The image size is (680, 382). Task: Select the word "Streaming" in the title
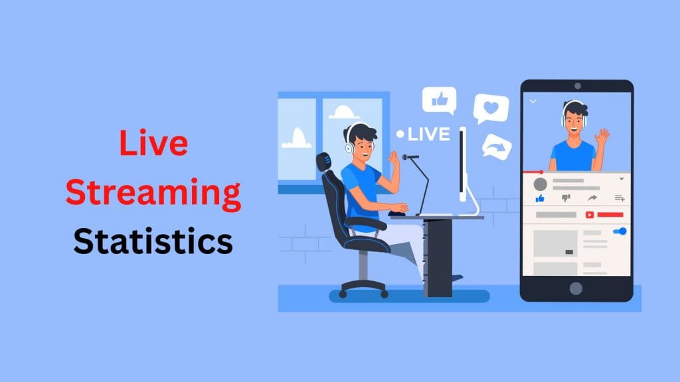point(153,193)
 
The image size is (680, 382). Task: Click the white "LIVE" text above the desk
point(428,135)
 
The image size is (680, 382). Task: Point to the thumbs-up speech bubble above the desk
point(439,100)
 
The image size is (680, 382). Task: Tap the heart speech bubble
point(491,108)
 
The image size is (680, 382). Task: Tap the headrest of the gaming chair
point(325,162)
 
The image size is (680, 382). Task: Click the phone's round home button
point(576,288)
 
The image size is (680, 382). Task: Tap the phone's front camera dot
point(576,87)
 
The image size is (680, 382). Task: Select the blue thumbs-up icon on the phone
point(540,198)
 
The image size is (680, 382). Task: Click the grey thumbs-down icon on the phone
point(566,198)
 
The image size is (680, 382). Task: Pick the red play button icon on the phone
point(589,215)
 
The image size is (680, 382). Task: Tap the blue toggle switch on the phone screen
point(620,231)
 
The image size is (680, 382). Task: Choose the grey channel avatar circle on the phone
point(541,184)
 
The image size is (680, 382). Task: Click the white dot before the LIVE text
point(400,135)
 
